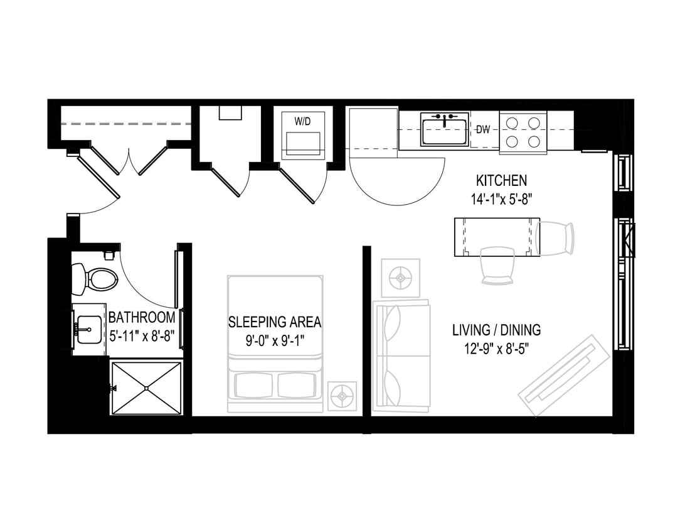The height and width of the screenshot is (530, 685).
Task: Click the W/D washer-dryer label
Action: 302,122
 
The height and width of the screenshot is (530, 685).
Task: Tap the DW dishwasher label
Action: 483,130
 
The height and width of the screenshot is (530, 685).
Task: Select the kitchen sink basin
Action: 444,131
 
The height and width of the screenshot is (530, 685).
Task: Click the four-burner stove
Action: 523,132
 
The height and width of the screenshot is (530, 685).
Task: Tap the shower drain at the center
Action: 146,388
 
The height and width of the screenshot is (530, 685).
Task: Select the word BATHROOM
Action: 141,317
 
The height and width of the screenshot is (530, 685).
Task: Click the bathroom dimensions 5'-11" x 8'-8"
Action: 142,336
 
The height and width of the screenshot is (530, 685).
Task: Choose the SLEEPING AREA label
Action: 274,323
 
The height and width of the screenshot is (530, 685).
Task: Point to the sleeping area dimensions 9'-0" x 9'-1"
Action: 274,343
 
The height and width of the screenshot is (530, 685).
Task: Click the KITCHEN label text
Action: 501,181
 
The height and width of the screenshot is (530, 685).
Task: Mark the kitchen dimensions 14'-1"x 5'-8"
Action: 501,200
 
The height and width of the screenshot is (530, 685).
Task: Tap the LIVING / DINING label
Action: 496,330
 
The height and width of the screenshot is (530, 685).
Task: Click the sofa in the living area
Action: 401,355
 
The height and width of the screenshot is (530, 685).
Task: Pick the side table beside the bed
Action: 342,396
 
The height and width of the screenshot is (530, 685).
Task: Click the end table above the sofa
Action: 400,276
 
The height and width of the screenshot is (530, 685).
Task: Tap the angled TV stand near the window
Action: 564,376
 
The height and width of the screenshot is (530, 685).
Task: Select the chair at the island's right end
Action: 556,237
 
